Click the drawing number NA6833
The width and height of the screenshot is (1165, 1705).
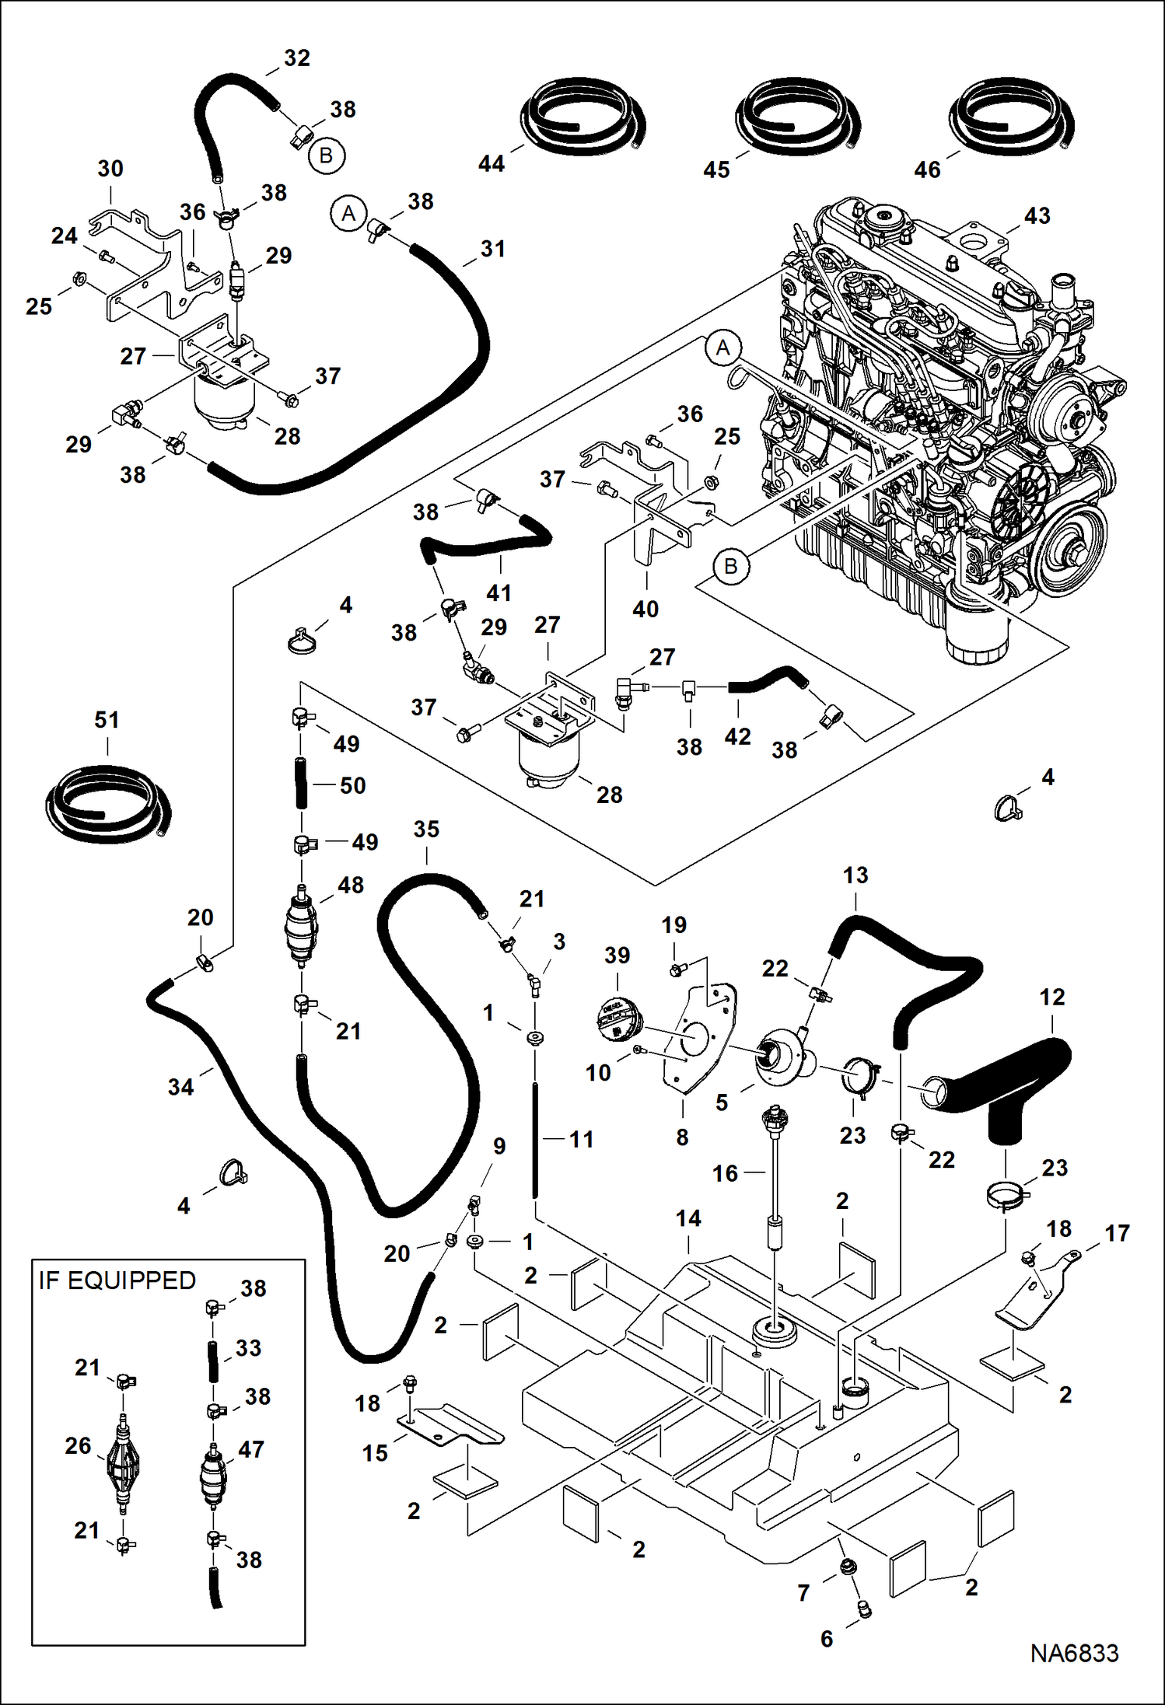1074,1653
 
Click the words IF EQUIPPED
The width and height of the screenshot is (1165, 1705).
117,1280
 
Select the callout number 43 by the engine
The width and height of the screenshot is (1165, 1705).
1037,215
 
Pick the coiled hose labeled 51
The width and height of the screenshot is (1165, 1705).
107,803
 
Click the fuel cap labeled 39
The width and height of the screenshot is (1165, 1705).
620,1019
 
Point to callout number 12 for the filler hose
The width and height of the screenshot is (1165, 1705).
1051,997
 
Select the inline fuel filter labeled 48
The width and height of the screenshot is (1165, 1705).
303,926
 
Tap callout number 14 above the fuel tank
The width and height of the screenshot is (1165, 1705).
688,1218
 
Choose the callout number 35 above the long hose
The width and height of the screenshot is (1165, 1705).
426,830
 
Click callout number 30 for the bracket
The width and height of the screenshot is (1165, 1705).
110,169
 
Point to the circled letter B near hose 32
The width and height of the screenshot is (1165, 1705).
326,155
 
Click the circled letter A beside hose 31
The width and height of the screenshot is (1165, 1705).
348,213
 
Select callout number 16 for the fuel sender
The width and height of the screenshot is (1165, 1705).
725,1173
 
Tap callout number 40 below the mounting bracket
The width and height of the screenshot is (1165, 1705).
645,609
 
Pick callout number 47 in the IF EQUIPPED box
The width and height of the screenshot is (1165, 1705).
251,1449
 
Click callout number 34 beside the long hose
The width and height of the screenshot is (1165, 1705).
180,1087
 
